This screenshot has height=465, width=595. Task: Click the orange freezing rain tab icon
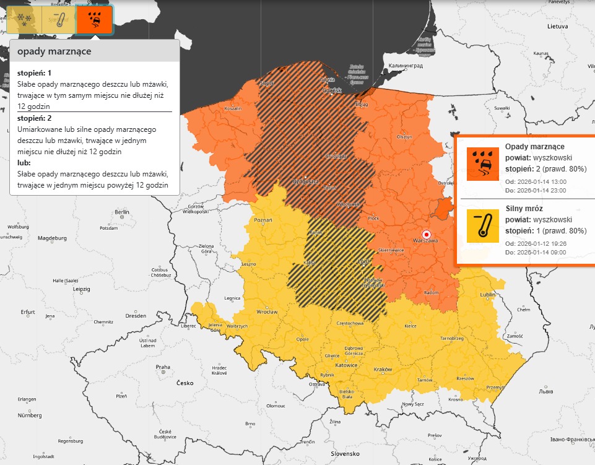coord(94,19)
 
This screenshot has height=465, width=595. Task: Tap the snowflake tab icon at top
coord(23,19)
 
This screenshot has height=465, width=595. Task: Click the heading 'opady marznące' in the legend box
coord(54,51)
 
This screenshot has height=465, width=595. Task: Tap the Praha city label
coord(163,367)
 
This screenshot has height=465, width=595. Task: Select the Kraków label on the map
coord(383,370)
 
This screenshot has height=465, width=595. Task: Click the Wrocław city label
coord(267,313)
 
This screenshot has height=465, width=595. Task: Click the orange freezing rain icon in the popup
coord(482,163)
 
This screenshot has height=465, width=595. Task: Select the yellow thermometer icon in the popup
coord(482,225)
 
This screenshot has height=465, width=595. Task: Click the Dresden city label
coord(135,315)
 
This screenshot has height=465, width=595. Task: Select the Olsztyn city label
coord(404,136)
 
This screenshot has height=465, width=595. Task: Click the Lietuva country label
coord(557,27)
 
